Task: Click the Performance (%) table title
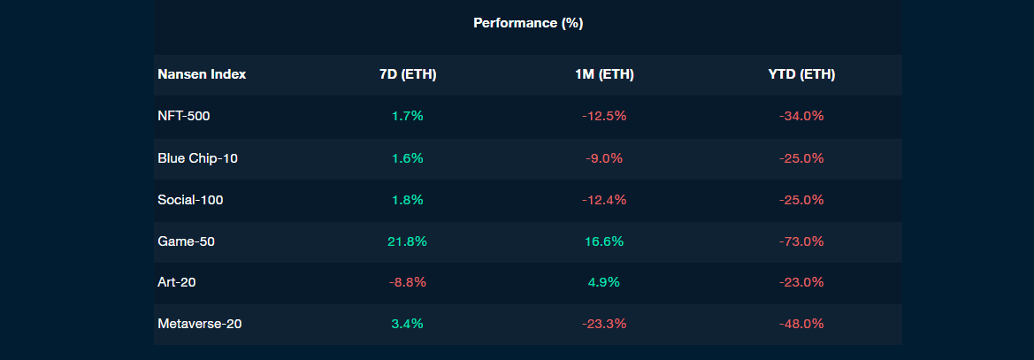(x=528, y=23)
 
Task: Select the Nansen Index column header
(x=202, y=74)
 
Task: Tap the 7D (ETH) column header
(x=408, y=74)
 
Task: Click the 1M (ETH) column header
(x=604, y=74)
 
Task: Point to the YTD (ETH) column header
(x=801, y=74)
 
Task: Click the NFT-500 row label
(x=184, y=116)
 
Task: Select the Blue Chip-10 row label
(x=197, y=158)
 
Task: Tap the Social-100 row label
(x=190, y=200)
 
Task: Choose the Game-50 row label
(x=186, y=241)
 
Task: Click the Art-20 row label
(x=177, y=282)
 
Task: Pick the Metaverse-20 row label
(x=200, y=324)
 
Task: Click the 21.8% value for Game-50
(x=408, y=241)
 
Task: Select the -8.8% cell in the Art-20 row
(x=408, y=282)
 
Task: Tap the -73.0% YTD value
(x=801, y=241)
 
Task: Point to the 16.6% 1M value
(x=604, y=241)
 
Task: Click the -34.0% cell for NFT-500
(x=801, y=116)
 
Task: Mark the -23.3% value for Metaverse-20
(x=604, y=324)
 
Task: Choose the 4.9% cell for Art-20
(x=604, y=282)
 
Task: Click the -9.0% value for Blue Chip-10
(x=604, y=158)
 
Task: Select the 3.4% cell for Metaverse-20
(x=408, y=324)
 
